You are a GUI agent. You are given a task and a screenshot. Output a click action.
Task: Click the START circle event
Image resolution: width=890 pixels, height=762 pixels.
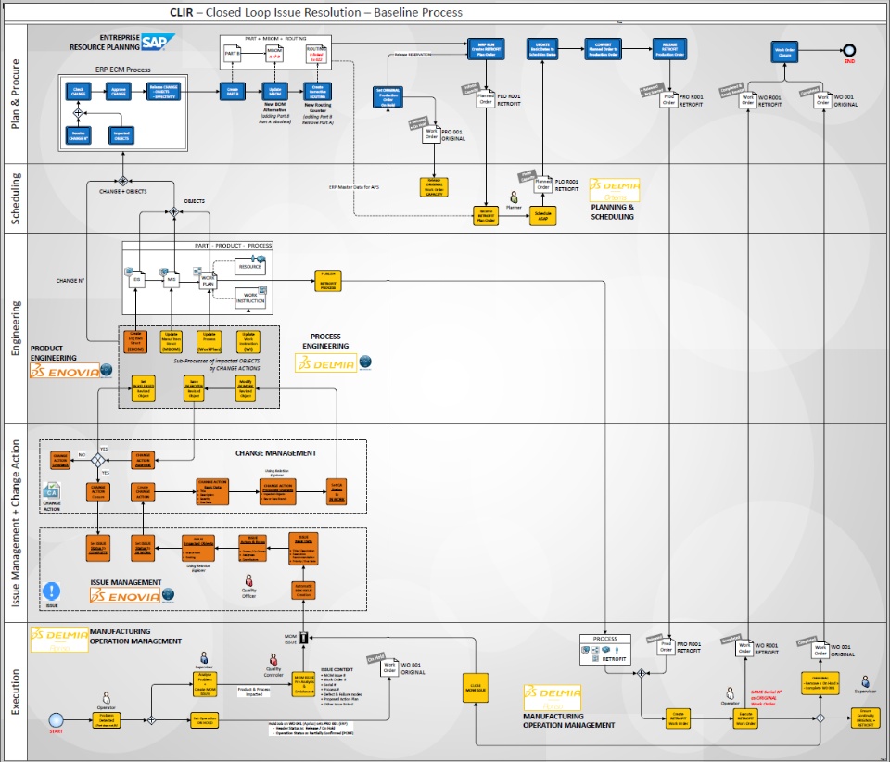[x=56, y=719]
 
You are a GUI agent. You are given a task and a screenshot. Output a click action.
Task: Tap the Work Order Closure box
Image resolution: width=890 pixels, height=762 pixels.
[x=784, y=50]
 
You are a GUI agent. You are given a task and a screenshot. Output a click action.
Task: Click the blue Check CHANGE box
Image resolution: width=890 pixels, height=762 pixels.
[x=79, y=91]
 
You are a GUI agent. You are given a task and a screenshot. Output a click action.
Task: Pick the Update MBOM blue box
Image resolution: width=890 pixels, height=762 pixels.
[x=274, y=91]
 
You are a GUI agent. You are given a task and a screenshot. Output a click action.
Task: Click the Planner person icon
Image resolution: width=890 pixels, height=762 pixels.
[x=510, y=197]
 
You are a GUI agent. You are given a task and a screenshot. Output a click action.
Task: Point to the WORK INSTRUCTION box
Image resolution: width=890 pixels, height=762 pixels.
[x=249, y=298]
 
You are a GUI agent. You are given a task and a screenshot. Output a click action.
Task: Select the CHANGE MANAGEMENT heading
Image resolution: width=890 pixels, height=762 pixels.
[x=275, y=453]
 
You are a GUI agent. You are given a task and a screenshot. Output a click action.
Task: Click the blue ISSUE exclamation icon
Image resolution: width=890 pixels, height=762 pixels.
[x=52, y=590]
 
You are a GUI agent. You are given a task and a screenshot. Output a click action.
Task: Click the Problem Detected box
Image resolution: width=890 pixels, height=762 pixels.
[x=108, y=719]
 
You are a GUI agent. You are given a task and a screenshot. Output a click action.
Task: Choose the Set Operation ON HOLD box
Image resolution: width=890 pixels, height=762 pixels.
[x=204, y=719]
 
